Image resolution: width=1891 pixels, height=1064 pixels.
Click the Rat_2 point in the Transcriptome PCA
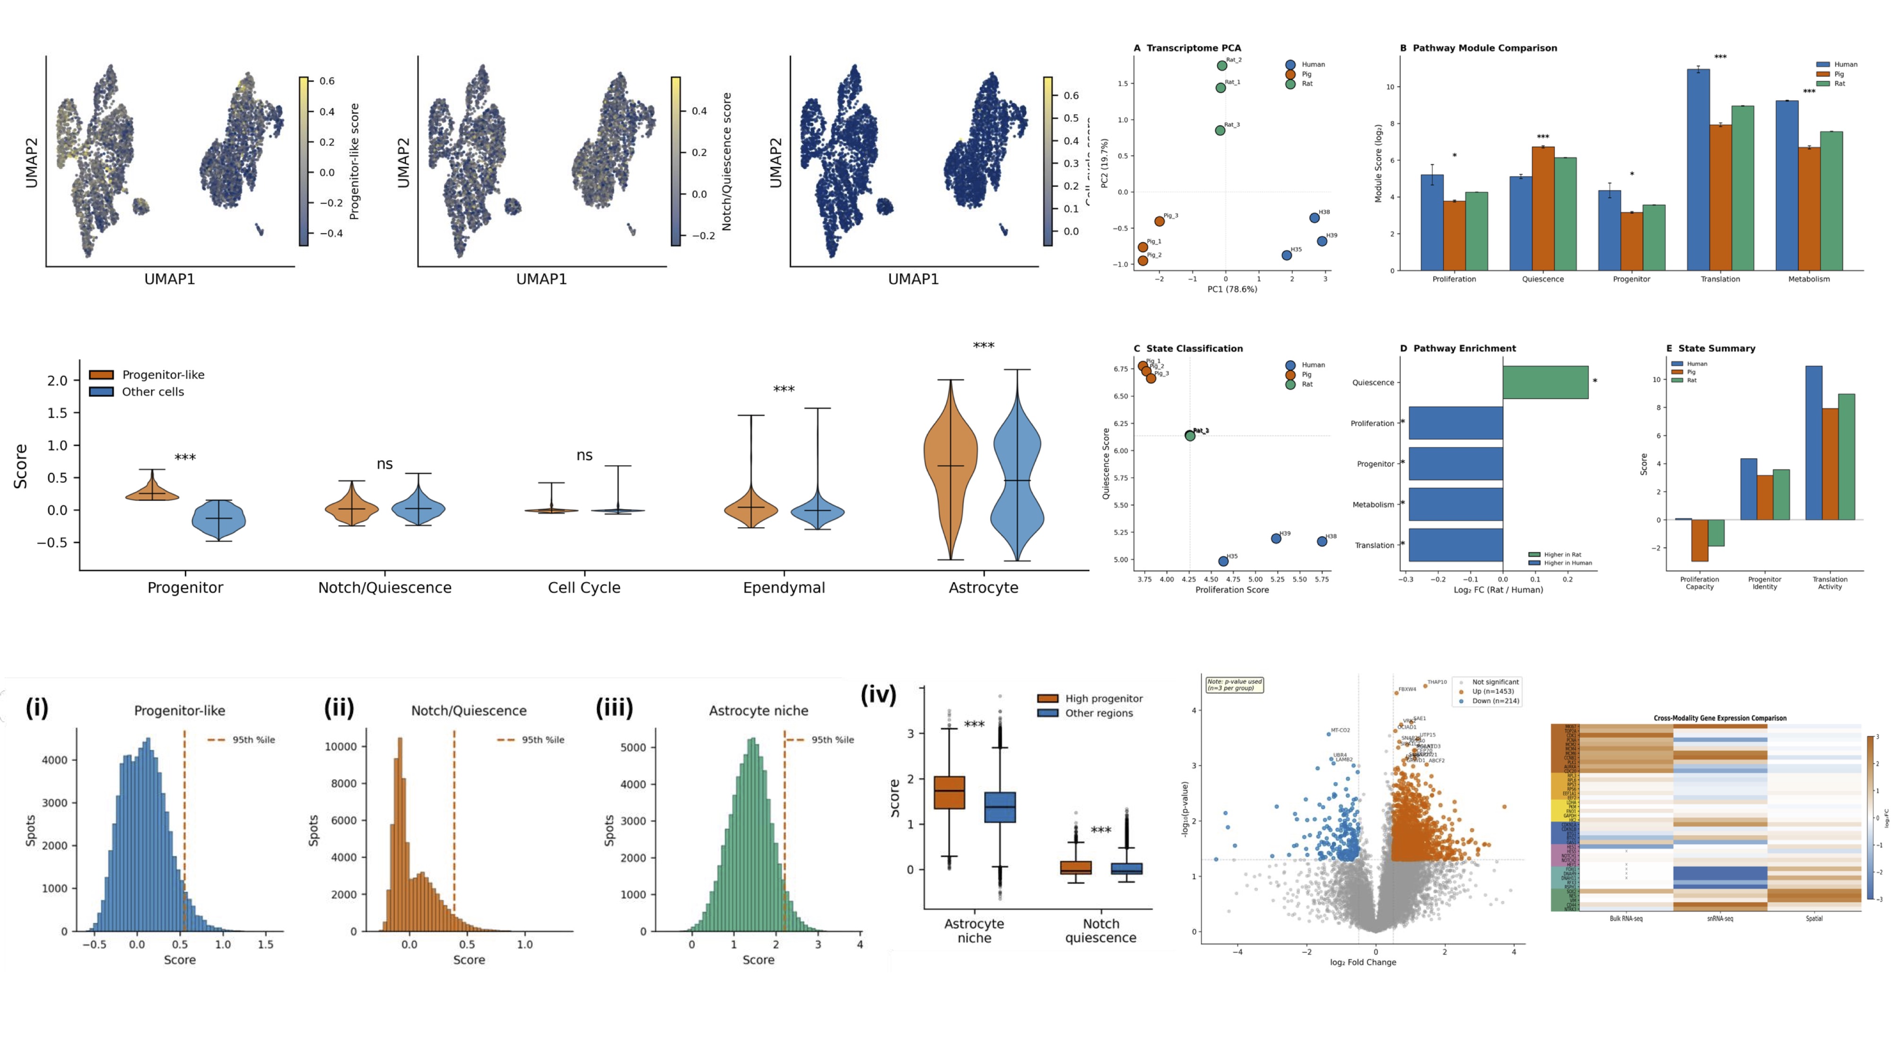1221,65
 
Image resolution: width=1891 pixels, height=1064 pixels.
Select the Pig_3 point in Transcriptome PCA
1159,221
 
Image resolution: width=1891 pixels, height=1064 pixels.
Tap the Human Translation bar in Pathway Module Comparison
1698,169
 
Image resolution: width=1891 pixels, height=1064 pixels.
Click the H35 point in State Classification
1223,561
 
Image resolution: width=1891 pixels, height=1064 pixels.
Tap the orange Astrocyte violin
950,470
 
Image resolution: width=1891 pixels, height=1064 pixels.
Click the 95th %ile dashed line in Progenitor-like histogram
184,830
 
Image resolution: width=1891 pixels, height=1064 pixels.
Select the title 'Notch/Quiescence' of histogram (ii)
468,711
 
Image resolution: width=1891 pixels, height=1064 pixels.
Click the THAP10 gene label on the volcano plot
1437,682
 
